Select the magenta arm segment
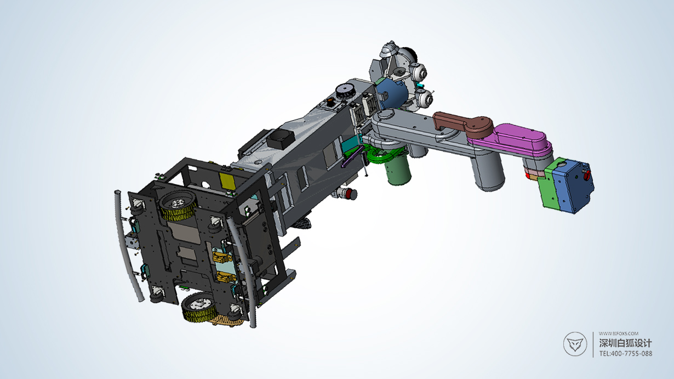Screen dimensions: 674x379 pos(517,139)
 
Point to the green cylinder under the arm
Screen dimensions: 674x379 pos(398,171)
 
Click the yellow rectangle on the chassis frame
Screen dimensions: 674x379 pos(227,182)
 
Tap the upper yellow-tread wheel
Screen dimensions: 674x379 pos(178,206)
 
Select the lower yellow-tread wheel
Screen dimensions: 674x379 pos(199,308)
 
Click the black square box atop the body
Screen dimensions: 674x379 pos(281,138)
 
